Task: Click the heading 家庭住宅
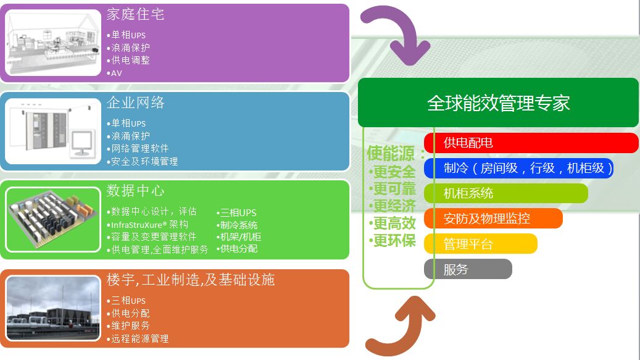coord(135,14)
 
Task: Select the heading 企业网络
coord(135,103)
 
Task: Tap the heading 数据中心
coord(135,191)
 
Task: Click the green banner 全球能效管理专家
coord(498,103)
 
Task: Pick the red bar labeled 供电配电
coord(531,143)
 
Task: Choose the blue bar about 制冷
coord(518,168)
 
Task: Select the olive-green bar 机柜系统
coord(506,193)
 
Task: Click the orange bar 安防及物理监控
coord(493,218)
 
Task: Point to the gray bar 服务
coord(468,269)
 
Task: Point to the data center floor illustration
coord(53,219)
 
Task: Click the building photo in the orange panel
coord(53,308)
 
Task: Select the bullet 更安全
coord(394,173)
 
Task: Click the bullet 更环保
coord(394,241)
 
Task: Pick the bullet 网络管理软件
coord(139,148)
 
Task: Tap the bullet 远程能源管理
coord(139,338)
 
